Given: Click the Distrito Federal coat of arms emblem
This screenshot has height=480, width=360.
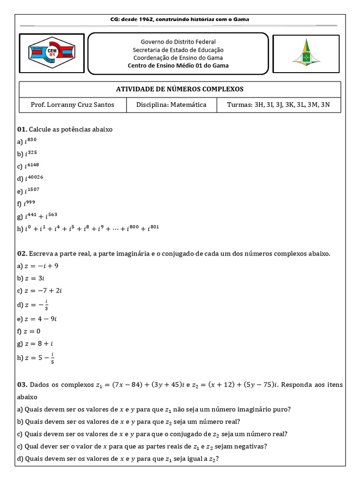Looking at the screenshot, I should tap(307, 53).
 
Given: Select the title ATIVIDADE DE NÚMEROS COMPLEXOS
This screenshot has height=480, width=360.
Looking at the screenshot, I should tap(180, 89).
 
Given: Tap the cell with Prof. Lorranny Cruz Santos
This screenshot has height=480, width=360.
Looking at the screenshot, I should tap(72, 105).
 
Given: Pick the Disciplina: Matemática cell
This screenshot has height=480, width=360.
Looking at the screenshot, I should tap(171, 105).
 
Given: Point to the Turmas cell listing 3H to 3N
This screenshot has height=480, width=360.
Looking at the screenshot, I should tap(278, 105).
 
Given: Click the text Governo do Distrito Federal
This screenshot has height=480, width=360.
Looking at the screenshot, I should tap(178, 42).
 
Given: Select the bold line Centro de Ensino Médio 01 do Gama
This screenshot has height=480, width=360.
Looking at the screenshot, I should tap(178, 66).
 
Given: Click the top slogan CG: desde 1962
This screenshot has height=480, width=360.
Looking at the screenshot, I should tap(180, 19).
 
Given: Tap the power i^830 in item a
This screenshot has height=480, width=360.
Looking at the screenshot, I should tap(30, 141).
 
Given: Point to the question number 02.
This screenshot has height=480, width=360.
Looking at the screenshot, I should tap(22, 254).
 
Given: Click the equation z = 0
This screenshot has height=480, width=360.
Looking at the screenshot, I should tap(35, 331).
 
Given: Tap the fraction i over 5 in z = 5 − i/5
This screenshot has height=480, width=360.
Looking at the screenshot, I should tap(52, 358).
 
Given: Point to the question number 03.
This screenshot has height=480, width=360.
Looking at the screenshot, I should tap(22, 385).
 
